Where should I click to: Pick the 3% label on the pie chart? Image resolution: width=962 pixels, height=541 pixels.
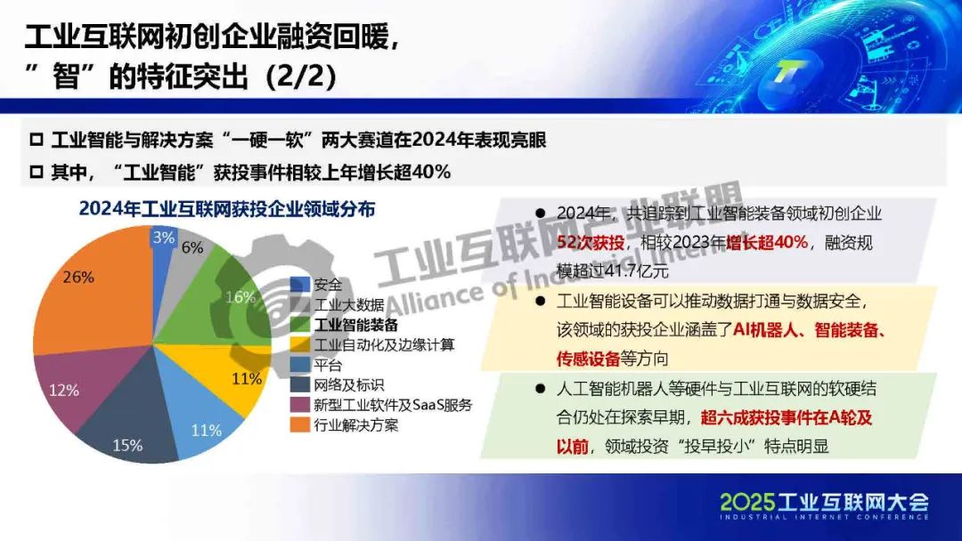tap(164, 237)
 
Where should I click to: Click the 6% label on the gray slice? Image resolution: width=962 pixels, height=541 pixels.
tap(192, 247)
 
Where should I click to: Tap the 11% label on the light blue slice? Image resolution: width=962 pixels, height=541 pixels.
tap(206, 430)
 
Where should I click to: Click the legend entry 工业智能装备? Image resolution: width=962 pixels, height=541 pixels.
tap(356, 325)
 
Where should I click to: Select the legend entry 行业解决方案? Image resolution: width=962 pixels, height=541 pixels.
tap(356, 424)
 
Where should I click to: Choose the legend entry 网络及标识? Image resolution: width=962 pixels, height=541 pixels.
tap(349, 384)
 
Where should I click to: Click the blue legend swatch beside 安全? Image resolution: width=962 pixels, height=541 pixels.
tap(300, 285)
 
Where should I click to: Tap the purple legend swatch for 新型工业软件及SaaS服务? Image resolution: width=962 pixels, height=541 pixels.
tap(300, 405)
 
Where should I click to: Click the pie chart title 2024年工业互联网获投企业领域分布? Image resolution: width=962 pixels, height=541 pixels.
tap(227, 209)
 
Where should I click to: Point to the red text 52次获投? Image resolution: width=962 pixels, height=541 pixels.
tap(591, 243)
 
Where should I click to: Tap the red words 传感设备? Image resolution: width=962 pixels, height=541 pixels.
tap(588, 359)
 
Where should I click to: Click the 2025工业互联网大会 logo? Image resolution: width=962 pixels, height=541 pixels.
tap(825, 505)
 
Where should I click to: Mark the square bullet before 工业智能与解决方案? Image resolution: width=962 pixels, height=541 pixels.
tap(37, 141)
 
